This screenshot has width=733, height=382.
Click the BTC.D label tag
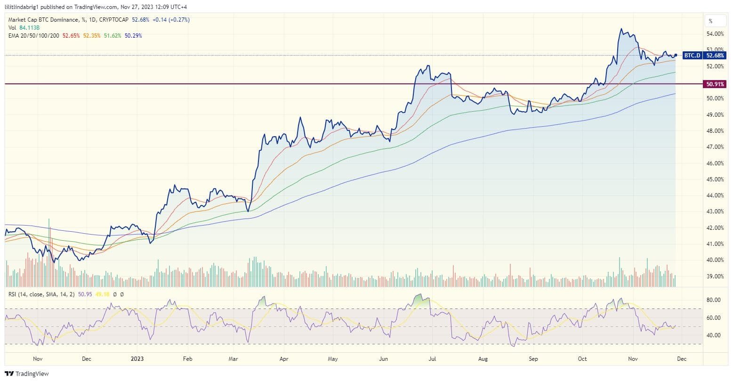point(692,56)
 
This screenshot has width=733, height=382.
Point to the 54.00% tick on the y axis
point(715,34)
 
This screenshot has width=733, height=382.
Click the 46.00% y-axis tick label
point(715,163)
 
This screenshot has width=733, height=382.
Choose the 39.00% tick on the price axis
point(715,276)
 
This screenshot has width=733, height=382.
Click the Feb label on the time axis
point(187,359)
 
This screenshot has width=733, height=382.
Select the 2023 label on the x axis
point(137,359)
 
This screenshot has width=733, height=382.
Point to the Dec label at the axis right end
point(681,359)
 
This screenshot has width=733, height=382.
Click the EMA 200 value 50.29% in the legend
point(133,35)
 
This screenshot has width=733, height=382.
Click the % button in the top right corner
point(710,21)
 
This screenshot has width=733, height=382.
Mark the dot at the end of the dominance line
point(676,56)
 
